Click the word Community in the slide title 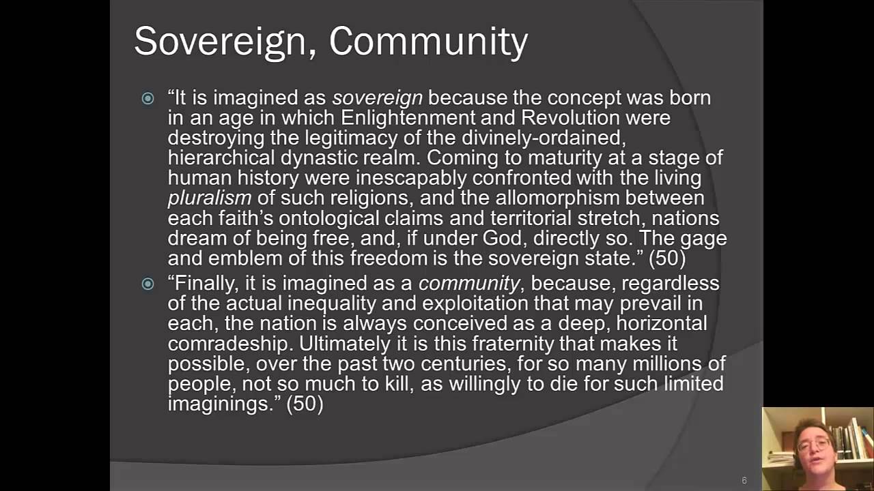[x=428, y=41]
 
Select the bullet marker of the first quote [x=148, y=99]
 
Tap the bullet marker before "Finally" [x=148, y=284]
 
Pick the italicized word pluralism [x=210, y=198]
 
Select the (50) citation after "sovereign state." [x=666, y=258]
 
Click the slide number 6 [x=744, y=481]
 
